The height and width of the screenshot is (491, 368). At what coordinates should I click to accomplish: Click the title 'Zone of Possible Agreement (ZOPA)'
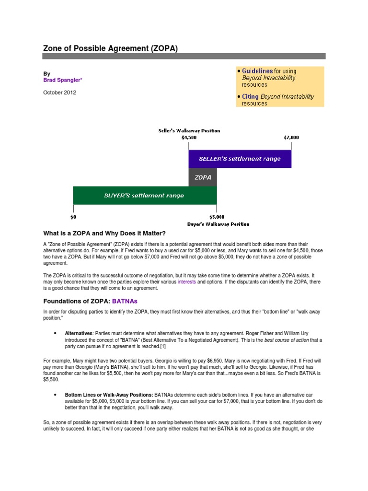point(110,48)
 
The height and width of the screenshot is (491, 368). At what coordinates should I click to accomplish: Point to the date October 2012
point(59,93)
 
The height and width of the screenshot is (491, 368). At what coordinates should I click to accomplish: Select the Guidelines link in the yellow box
point(257,71)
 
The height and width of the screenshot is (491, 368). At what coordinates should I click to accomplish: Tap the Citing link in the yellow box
point(250,96)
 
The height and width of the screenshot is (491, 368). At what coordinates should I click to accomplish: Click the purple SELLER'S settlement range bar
point(240,158)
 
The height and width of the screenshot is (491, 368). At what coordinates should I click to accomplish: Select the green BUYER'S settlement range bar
point(144,195)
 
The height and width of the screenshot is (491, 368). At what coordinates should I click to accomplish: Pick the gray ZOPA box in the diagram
point(203,177)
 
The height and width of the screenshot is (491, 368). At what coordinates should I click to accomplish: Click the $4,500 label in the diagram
point(189,137)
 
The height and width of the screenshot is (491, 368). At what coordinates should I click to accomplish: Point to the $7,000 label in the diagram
point(291,137)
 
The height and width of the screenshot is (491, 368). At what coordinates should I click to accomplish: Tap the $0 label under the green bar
point(73,217)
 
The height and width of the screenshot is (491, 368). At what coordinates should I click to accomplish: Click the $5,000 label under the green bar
point(217,217)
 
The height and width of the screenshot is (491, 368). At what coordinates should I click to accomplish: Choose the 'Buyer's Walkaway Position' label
point(218,224)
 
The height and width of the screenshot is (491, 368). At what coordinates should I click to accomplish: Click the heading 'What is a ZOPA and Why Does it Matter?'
point(104,234)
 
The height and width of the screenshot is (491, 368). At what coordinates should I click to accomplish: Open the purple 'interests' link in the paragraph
point(186,282)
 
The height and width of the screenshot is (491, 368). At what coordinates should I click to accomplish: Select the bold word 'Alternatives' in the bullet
point(79,333)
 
